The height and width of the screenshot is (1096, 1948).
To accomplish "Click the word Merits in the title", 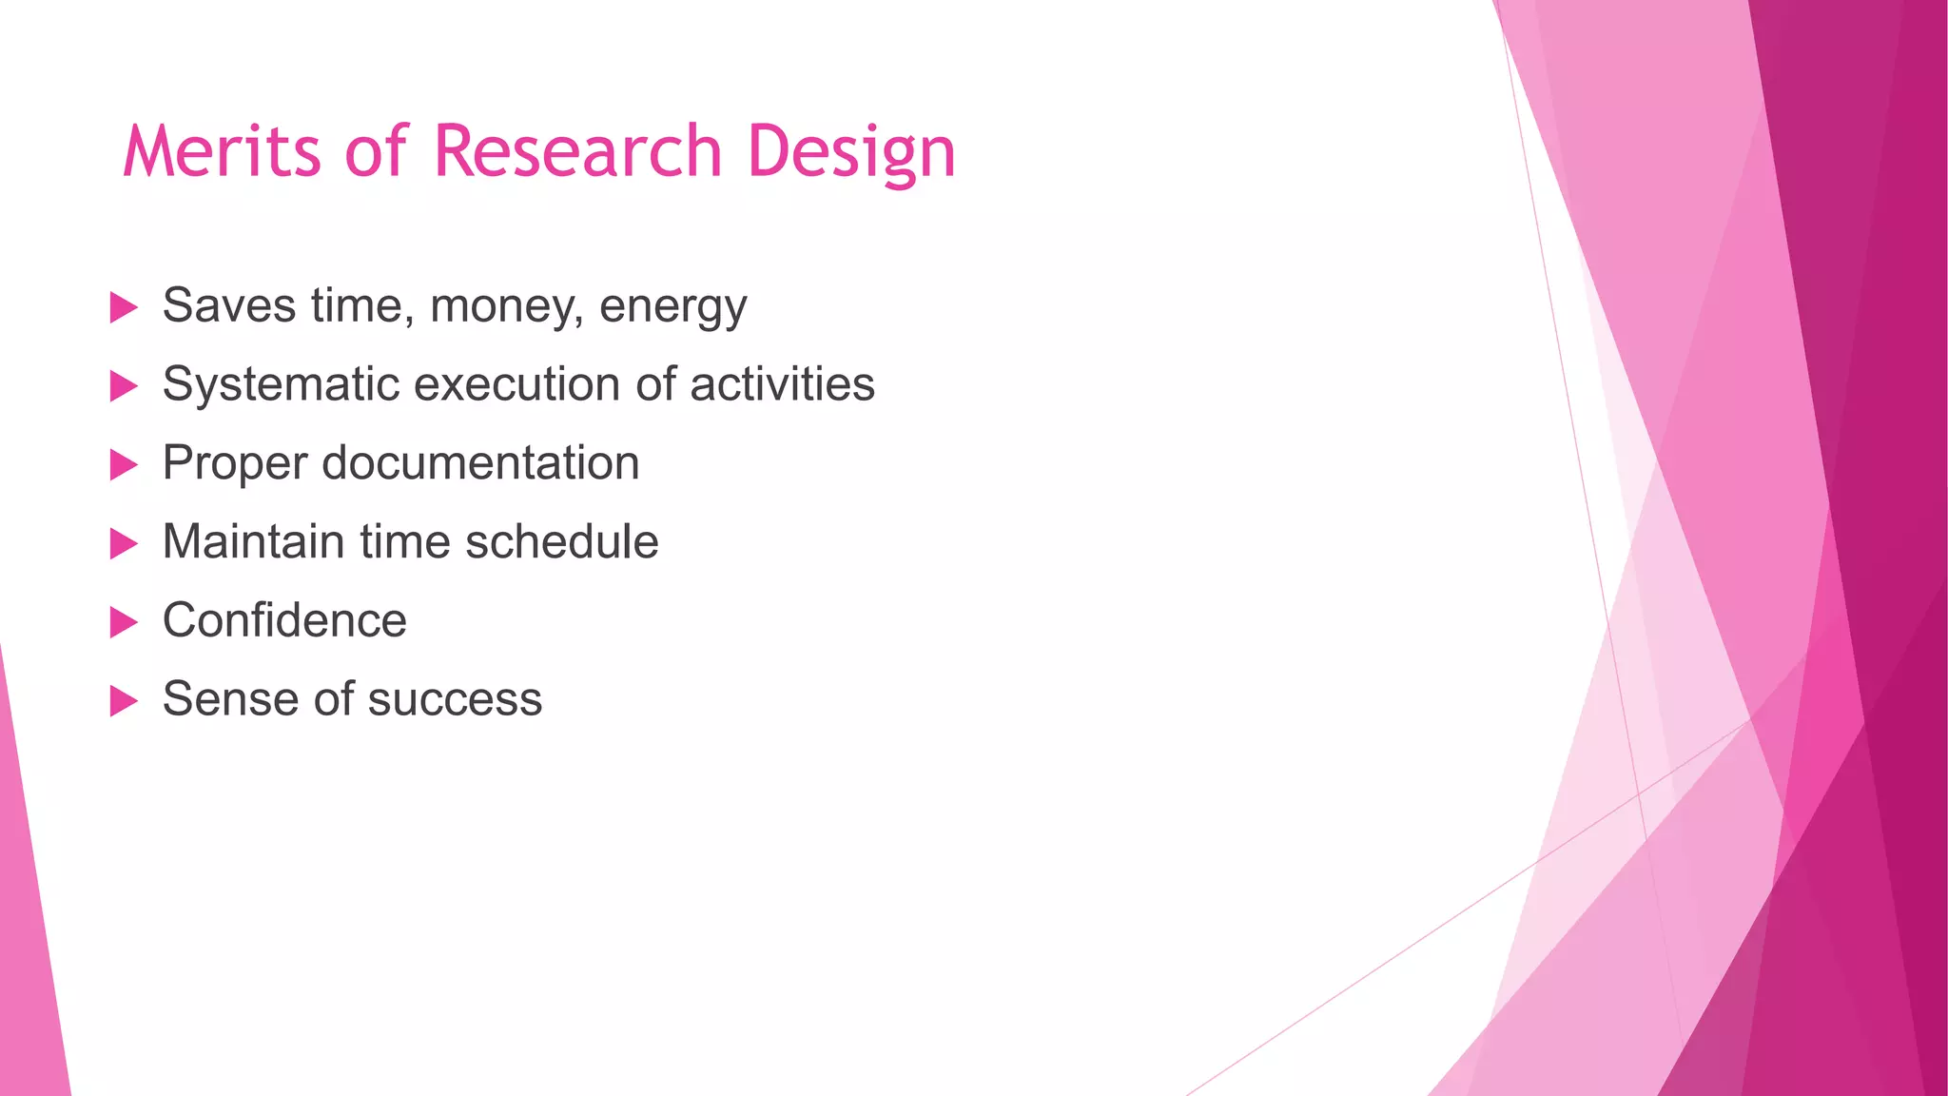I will click(x=222, y=151).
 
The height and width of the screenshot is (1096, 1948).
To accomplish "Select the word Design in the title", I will click(x=850, y=151).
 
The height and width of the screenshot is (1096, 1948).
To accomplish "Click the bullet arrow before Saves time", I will click(x=124, y=307).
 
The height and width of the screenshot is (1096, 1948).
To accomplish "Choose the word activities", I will click(x=782, y=384).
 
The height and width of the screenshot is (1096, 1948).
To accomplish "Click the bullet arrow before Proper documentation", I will click(x=124, y=465).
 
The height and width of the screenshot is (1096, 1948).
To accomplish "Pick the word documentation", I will click(x=480, y=463).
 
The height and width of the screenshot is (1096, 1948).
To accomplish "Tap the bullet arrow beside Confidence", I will click(x=124, y=622).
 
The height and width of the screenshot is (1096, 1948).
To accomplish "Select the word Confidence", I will click(x=284, y=620).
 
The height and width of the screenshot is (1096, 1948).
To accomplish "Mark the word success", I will click(x=455, y=700).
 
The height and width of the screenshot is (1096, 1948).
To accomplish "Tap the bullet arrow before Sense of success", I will click(x=124, y=701).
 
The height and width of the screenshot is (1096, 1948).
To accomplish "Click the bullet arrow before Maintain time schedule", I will click(x=124, y=544).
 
